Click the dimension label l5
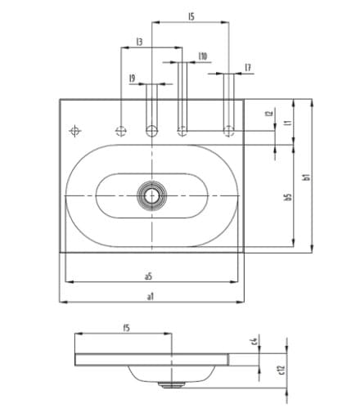[191, 16]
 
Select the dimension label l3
[140, 41]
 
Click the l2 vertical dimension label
[268, 114]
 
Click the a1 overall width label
[150, 296]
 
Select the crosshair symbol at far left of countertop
[75, 130]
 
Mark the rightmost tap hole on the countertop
[230, 130]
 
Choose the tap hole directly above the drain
[151, 130]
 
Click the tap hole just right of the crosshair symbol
[121, 130]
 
